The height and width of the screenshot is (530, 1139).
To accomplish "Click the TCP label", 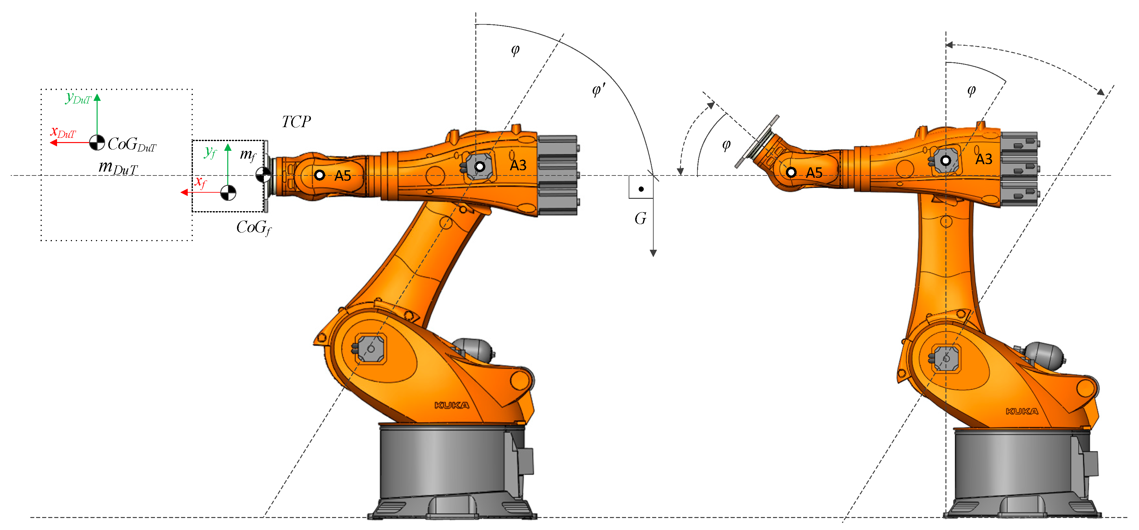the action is click(296, 122).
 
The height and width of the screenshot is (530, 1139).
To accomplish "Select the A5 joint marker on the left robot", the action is click(319, 175).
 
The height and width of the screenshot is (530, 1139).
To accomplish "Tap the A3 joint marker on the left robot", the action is click(480, 167).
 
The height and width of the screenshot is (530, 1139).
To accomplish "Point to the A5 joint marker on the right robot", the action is click(791, 172).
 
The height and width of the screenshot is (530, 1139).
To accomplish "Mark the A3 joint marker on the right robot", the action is click(945, 161).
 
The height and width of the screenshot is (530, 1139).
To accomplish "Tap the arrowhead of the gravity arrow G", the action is click(653, 253).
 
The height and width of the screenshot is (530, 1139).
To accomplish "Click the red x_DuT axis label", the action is click(63, 132).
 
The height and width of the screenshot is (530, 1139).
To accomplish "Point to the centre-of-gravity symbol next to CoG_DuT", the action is click(97, 142).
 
